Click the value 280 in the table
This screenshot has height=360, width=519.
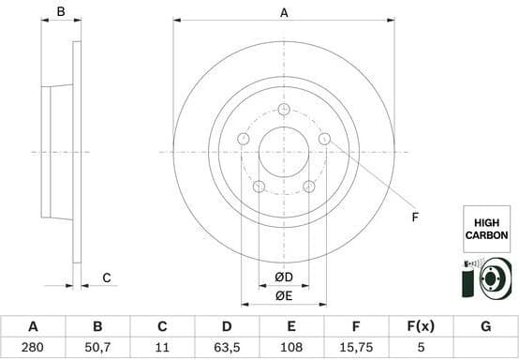click(x=33, y=347)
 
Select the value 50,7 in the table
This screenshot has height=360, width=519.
click(x=97, y=347)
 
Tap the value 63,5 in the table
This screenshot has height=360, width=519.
click(x=226, y=347)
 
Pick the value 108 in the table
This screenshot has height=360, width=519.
click(x=291, y=347)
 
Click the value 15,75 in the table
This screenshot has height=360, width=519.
click(x=356, y=347)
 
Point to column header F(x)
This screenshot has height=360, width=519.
click(x=421, y=326)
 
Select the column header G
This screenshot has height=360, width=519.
click(x=485, y=326)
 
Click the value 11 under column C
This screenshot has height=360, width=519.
click(x=161, y=347)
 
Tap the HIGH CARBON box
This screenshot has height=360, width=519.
click(x=487, y=229)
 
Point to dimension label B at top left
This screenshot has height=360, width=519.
click(x=61, y=13)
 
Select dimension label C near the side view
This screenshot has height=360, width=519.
click(x=107, y=277)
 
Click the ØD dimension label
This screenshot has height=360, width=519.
click(x=284, y=277)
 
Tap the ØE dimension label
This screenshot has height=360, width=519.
click(x=284, y=296)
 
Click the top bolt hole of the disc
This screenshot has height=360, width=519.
click(x=284, y=110)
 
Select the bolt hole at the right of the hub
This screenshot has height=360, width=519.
click(x=324, y=139)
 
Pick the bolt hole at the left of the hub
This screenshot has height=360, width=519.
click(x=244, y=139)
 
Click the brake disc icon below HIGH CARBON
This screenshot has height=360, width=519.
click(x=487, y=279)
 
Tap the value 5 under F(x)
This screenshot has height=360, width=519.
click(x=421, y=347)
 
